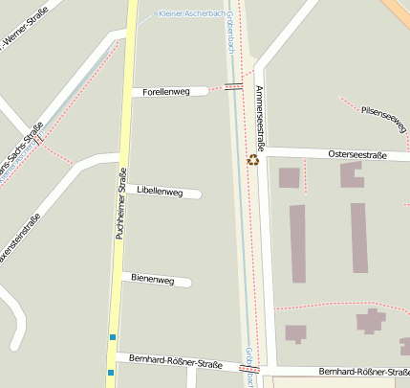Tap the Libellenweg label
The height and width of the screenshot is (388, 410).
pyautogui.click(x=160, y=192)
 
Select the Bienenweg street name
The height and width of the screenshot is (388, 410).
pyautogui.click(x=153, y=280)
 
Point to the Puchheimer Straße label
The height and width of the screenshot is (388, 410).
pyautogui.click(x=121, y=203)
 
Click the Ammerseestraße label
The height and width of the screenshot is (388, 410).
pyautogui.click(x=259, y=116)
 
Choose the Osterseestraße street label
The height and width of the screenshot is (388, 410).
pyautogui.click(x=356, y=153)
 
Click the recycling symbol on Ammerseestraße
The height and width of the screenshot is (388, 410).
pyautogui.click(x=253, y=159)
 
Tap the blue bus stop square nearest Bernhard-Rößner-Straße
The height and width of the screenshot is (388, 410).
pyautogui.click(x=112, y=371)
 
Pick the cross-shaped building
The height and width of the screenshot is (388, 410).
pyautogui.click(x=370, y=320)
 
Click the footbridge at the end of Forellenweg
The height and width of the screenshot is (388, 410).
pyautogui.click(x=233, y=87)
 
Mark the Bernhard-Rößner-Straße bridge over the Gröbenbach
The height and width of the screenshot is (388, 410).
pyautogui.click(x=249, y=368)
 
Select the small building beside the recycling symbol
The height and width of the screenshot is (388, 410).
pyautogui.click(x=288, y=177)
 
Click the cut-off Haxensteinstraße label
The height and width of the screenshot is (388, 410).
pyautogui.click(x=19, y=240)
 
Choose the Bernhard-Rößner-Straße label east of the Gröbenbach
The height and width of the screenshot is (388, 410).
pyautogui.click(x=363, y=371)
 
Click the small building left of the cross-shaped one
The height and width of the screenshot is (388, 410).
pyautogui.click(x=295, y=333)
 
